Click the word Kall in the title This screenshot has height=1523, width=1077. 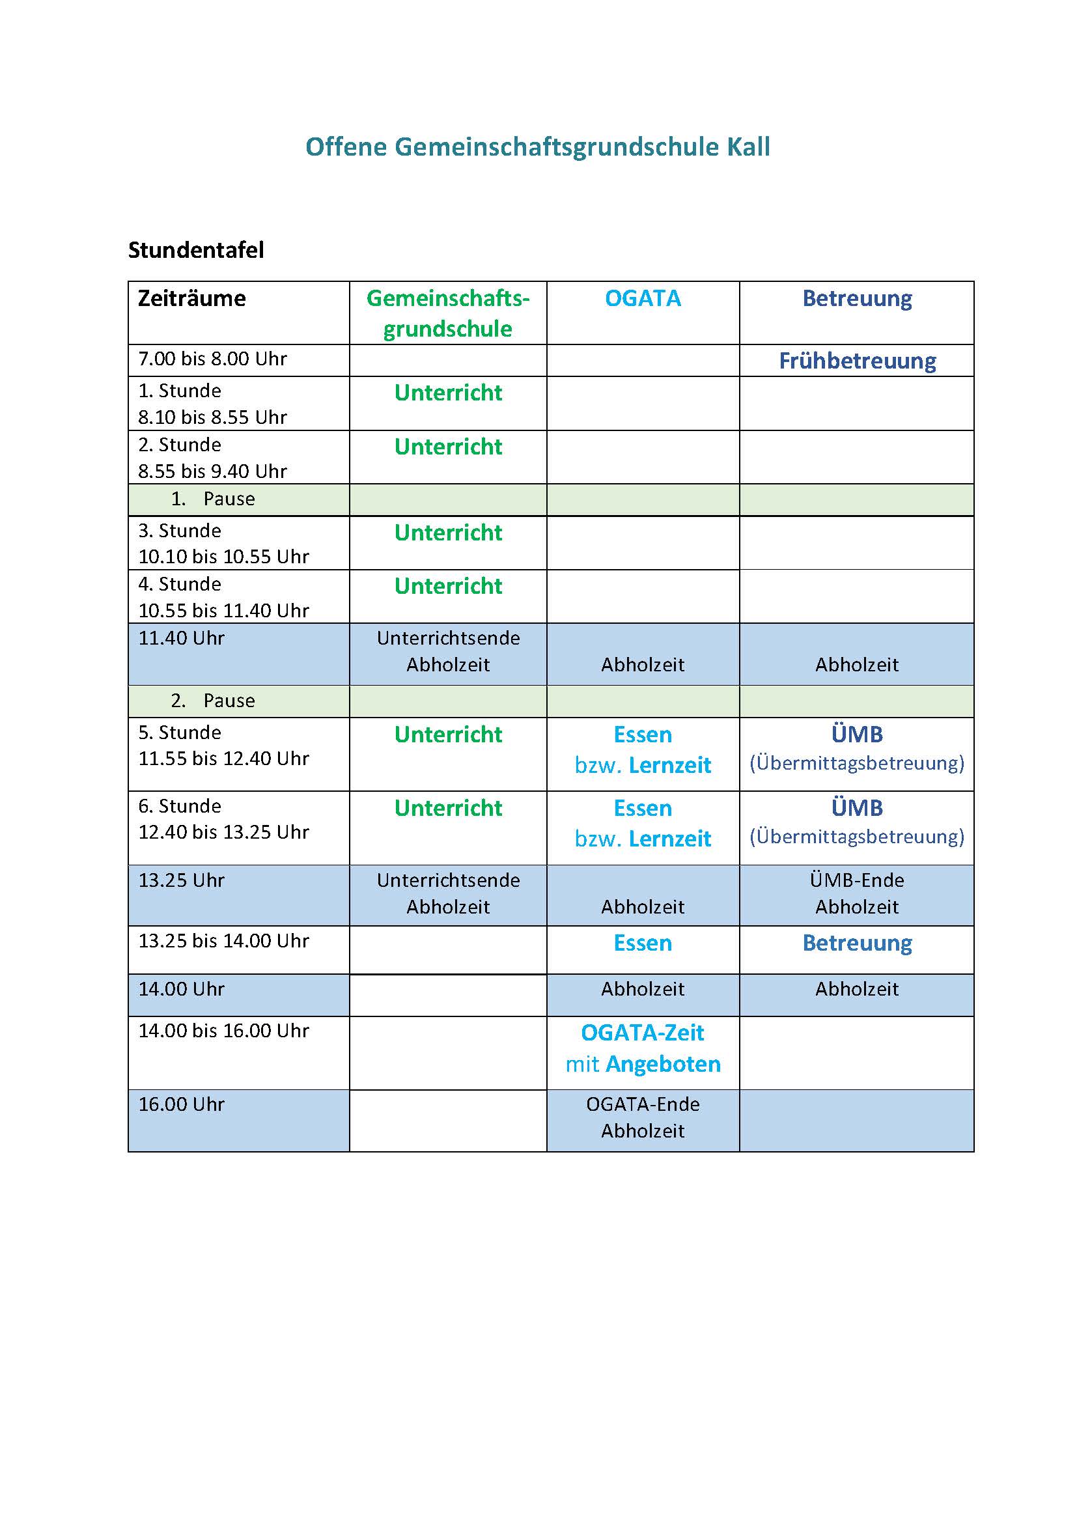(x=748, y=147)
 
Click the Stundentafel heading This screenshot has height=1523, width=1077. (x=195, y=250)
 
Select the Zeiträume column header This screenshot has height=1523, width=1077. (x=191, y=298)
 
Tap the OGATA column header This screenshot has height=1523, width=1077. (x=643, y=298)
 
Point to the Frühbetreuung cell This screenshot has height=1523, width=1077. (x=857, y=361)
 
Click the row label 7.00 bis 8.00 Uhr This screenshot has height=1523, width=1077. (x=212, y=359)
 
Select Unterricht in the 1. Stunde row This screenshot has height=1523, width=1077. (x=448, y=393)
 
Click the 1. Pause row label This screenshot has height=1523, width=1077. (x=212, y=499)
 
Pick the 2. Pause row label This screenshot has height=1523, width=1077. (x=212, y=701)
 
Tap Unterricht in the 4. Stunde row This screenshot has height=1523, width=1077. (x=448, y=586)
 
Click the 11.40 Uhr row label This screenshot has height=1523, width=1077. (x=181, y=638)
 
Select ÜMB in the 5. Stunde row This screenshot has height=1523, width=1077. (x=857, y=734)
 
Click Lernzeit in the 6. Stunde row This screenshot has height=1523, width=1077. (x=670, y=839)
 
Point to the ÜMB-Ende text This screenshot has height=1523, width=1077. (x=857, y=880)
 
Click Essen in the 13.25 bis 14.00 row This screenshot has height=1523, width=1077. (x=643, y=943)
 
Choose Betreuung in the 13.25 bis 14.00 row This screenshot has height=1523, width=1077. (x=857, y=943)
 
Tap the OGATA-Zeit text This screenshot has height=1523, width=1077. (x=643, y=1033)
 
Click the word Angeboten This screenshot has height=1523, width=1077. (x=663, y=1064)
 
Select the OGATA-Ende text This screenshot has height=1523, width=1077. (x=643, y=1104)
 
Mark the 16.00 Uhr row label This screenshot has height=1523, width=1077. (x=181, y=1104)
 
